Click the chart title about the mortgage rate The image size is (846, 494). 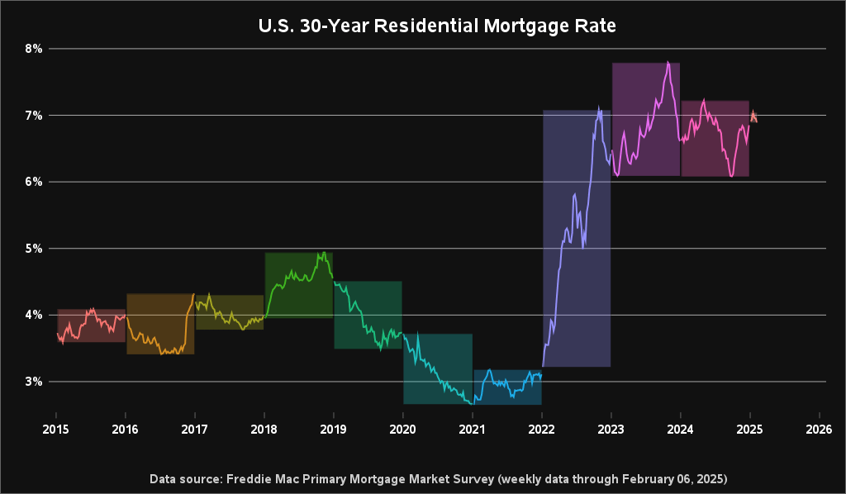pos(437,26)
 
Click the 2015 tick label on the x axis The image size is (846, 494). pos(55,430)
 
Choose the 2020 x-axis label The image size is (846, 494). pos(402,430)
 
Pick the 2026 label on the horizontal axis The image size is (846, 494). pos(819,430)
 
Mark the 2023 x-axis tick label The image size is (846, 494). pos(611,430)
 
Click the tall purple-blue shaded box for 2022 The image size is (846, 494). pos(576,240)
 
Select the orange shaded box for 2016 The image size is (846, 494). pos(160,324)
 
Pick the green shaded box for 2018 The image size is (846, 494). pos(298,285)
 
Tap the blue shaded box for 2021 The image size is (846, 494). pos(506,387)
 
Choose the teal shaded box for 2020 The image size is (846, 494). pos(437,369)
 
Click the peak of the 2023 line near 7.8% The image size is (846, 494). pos(668,62)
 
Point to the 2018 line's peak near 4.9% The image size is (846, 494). pos(324,253)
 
